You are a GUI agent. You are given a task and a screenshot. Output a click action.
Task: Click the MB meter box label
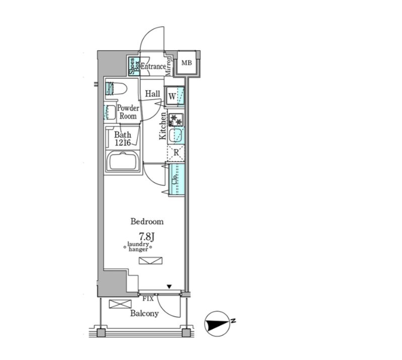coord(187,63)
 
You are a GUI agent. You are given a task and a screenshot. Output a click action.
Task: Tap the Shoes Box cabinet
coord(134,66)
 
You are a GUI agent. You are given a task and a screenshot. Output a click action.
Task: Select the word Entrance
coord(153,66)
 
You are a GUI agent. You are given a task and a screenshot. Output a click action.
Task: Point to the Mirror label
coord(168,66)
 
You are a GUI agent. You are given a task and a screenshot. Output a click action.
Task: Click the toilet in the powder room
coord(116,88)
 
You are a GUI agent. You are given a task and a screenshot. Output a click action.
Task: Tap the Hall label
coord(152,94)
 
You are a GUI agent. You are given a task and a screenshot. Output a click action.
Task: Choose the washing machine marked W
coord(175,97)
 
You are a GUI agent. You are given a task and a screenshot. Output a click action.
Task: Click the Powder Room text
coord(128,112)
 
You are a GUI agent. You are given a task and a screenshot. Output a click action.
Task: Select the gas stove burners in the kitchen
coord(176,120)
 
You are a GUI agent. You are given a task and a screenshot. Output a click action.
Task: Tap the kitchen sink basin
coord(176,135)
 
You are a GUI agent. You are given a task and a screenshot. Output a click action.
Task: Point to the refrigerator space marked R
coord(176,153)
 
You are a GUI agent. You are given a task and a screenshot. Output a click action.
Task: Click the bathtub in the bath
coord(123,161)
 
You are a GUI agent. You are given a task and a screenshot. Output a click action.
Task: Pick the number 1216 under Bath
coord(123,142)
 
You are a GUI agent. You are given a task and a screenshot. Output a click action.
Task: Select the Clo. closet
coord(177,180)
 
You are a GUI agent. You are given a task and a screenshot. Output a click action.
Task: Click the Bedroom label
coord(147,221)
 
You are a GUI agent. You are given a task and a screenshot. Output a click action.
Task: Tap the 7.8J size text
coord(146,237)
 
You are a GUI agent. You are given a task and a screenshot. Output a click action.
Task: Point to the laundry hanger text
coord(138,246)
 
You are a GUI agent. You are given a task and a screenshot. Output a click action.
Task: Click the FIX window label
coord(148,299)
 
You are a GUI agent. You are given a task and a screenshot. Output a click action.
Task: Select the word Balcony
coord(144,313)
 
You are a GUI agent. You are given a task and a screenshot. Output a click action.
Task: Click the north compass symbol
coord(217,324)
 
